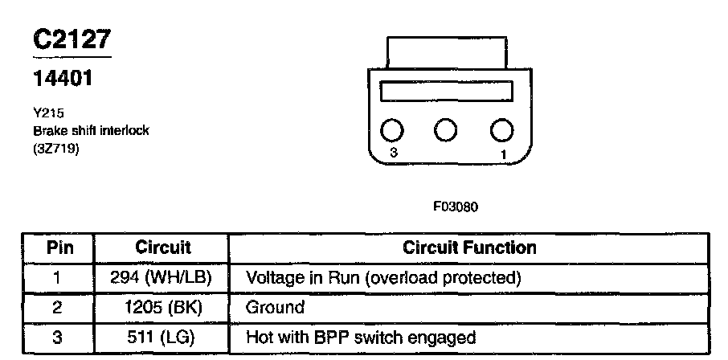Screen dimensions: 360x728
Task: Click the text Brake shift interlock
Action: tap(90, 130)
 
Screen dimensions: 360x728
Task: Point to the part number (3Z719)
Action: tap(55, 147)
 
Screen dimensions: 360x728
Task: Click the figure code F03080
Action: tap(456, 206)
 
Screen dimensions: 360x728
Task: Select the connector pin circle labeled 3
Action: tap(391, 130)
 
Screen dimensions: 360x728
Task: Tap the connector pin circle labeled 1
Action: tap(501, 130)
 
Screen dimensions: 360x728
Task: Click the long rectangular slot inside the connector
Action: tap(446, 91)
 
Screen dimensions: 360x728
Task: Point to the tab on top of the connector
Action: tap(446, 51)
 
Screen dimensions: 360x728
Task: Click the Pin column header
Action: tap(58, 247)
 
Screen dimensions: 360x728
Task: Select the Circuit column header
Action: tap(162, 247)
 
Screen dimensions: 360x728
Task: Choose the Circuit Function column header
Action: tap(469, 247)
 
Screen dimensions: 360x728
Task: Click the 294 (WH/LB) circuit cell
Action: tap(162, 278)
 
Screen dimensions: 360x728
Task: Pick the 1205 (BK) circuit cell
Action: tap(162, 307)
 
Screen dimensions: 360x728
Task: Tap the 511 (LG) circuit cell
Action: tap(162, 337)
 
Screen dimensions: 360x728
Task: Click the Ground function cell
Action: tap(275, 307)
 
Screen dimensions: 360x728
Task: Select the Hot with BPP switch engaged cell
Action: tap(360, 337)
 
